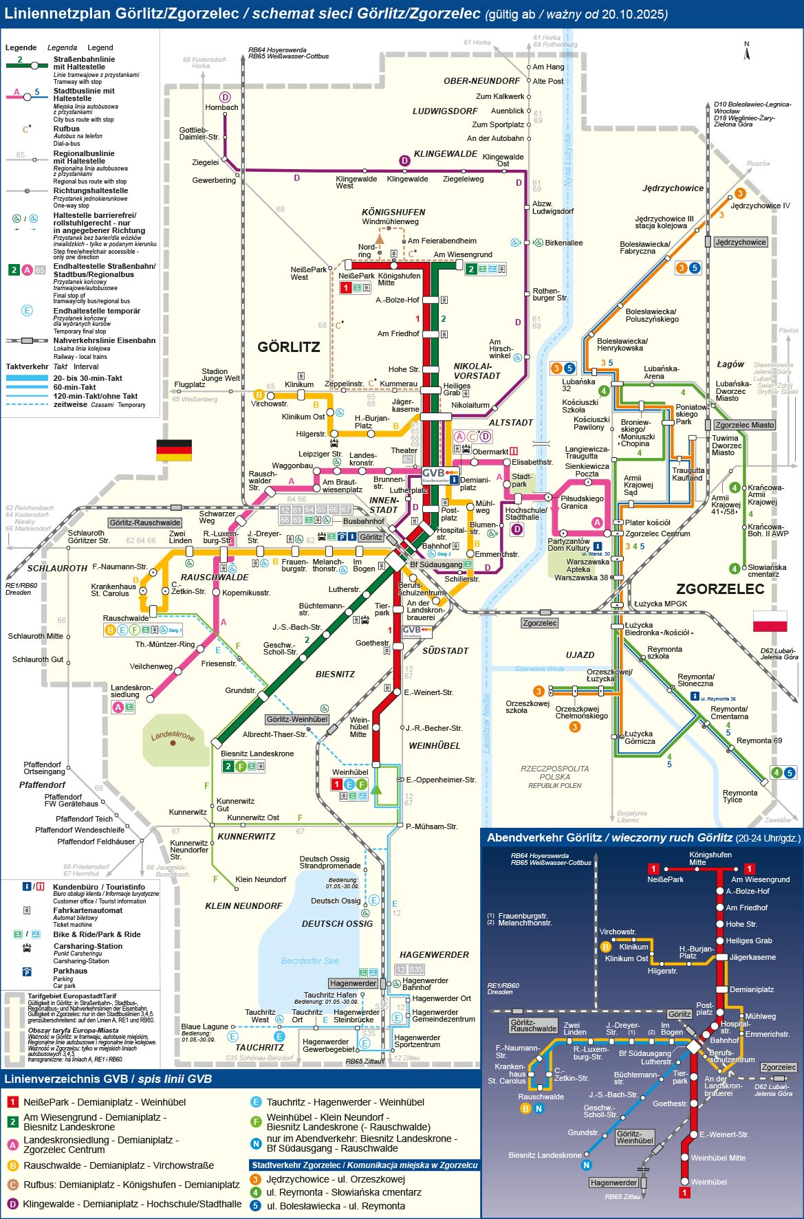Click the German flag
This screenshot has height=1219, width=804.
click(174, 450)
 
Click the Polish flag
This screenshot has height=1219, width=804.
click(770, 621)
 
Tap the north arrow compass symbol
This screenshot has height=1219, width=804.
click(746, 47)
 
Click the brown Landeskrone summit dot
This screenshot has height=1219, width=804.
click(173, 743)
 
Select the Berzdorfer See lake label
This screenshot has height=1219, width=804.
click(309, 960)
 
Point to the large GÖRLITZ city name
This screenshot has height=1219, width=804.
click(289, 347)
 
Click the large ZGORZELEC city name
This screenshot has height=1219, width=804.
click(720, 589)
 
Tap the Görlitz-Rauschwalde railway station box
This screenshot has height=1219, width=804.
click(145, 523)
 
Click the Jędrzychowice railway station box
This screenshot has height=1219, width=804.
click(740, 242)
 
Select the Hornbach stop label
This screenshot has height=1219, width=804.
click(221, 107)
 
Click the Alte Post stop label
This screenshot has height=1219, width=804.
click(548, 81)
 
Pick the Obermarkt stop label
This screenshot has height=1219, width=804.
click(490, 452)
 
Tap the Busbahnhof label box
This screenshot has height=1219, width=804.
click(364, 521)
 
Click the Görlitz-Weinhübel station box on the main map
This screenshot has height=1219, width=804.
click(297, 719)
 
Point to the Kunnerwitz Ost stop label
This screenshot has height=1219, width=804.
click(253, 817)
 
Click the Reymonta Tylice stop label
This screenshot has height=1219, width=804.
click(739, 796)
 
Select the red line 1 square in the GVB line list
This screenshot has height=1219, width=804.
click(12, 1102)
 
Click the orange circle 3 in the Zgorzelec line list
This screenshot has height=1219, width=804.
click(255, 1179)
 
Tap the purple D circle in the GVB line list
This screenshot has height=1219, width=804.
click(12, 1204)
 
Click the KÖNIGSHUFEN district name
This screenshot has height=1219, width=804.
click(393, 212)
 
